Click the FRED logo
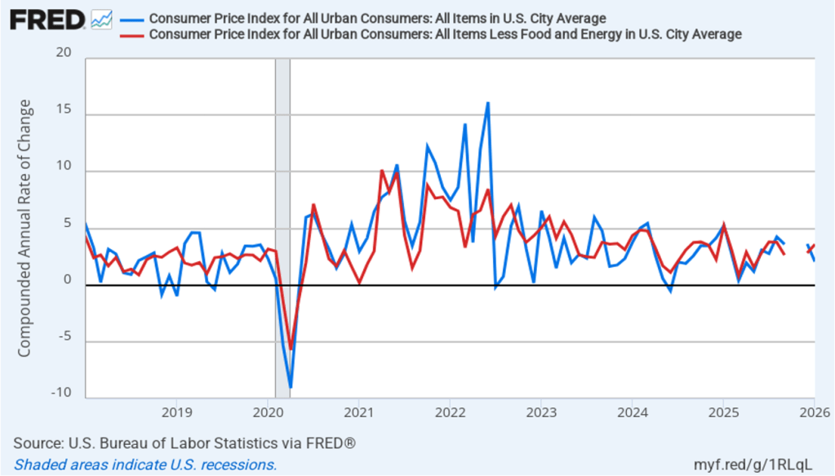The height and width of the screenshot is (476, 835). [x=47, y=18]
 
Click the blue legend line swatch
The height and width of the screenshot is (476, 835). [x=131, y=18]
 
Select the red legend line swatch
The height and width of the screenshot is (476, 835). [x=131, y=34]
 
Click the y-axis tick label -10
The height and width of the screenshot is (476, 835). [x=60, y=393]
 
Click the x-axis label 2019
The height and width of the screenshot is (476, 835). [x=176, y=410]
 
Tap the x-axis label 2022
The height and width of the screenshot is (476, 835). [x=450, y=410]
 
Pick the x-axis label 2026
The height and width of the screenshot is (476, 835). [x=814, y=410]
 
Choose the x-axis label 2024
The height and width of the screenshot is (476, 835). [x=632, y=410]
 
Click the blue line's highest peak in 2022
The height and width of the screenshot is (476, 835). [x=487, y=103]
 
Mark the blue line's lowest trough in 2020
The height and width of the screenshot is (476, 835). [x=291, y=387]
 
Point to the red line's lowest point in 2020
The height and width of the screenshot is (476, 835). [x=291, y=349]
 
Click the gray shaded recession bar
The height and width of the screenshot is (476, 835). [x=282, y=229]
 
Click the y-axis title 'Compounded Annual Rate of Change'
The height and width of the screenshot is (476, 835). [x=24, y=229]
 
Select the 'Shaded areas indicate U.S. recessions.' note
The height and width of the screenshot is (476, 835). [x=145, y=465]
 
